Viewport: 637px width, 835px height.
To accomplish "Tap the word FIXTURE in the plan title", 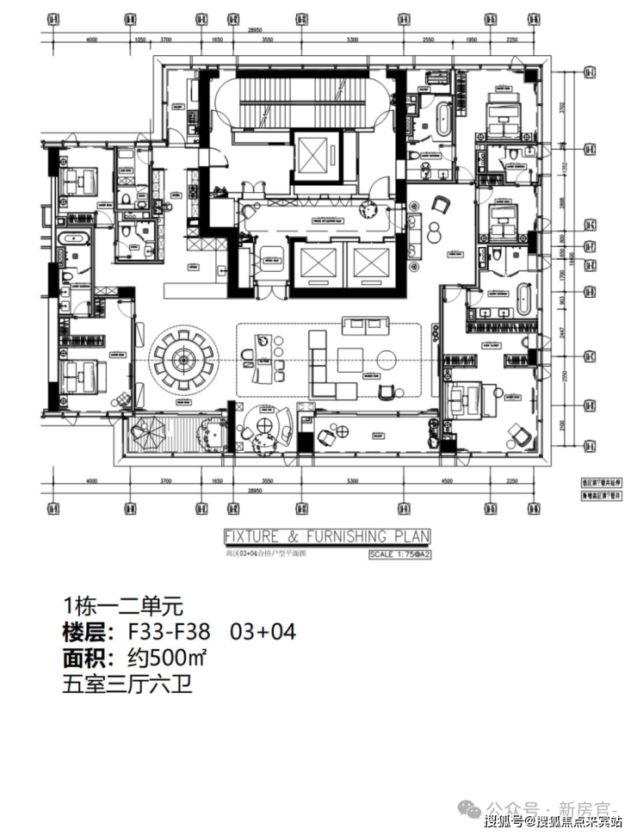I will pyautogui.click(x=255, y=536).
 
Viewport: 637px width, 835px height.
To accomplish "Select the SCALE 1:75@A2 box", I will pyautogui.click(x=399, y=554).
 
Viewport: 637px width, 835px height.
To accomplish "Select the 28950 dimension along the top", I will pyautogui.click(x=255, y=29).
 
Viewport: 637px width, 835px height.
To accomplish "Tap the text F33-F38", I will pyautogui.click(x=169, y=632).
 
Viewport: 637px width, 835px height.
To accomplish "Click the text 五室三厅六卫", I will pyautogui.click(x=127, y=686).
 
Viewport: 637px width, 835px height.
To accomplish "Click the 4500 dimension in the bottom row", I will pyautogui.click(x=447, y=483).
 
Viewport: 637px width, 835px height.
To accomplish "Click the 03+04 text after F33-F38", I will pyautogui.click(x=263, y=632).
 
